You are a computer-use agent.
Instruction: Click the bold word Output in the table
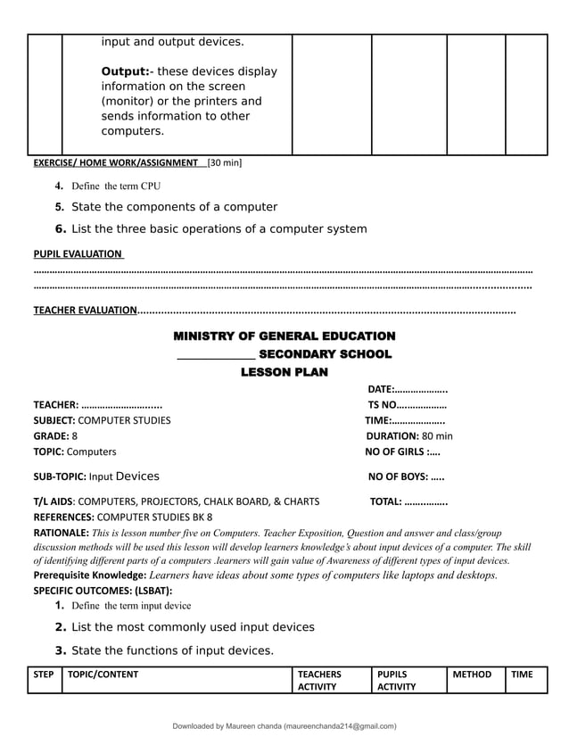tap(125, 71)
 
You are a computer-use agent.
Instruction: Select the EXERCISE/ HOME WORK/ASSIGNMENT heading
tap(115, 163)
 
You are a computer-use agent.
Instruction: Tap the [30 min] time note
tap(224, 163)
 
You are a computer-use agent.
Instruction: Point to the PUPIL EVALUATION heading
tap(78, 253)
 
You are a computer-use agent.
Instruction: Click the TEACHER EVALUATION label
tap(85, 311)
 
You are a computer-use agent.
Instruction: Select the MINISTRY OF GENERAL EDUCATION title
tap(284, 336)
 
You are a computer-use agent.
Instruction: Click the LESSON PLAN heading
tap(284, 372)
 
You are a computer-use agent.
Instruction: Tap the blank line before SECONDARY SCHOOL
tap(216, 356)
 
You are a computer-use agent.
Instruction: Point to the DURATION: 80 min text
tap(409, 436)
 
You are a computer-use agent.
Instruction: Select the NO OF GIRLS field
tap(403, 451)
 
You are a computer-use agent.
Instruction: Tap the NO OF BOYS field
tap(406, 476)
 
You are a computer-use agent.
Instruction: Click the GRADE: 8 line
tap(55, 436)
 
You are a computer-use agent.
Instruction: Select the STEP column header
tap(44, 675)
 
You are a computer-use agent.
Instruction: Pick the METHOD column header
tap(472, 675)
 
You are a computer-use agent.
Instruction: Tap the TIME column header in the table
tap(522, 675)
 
